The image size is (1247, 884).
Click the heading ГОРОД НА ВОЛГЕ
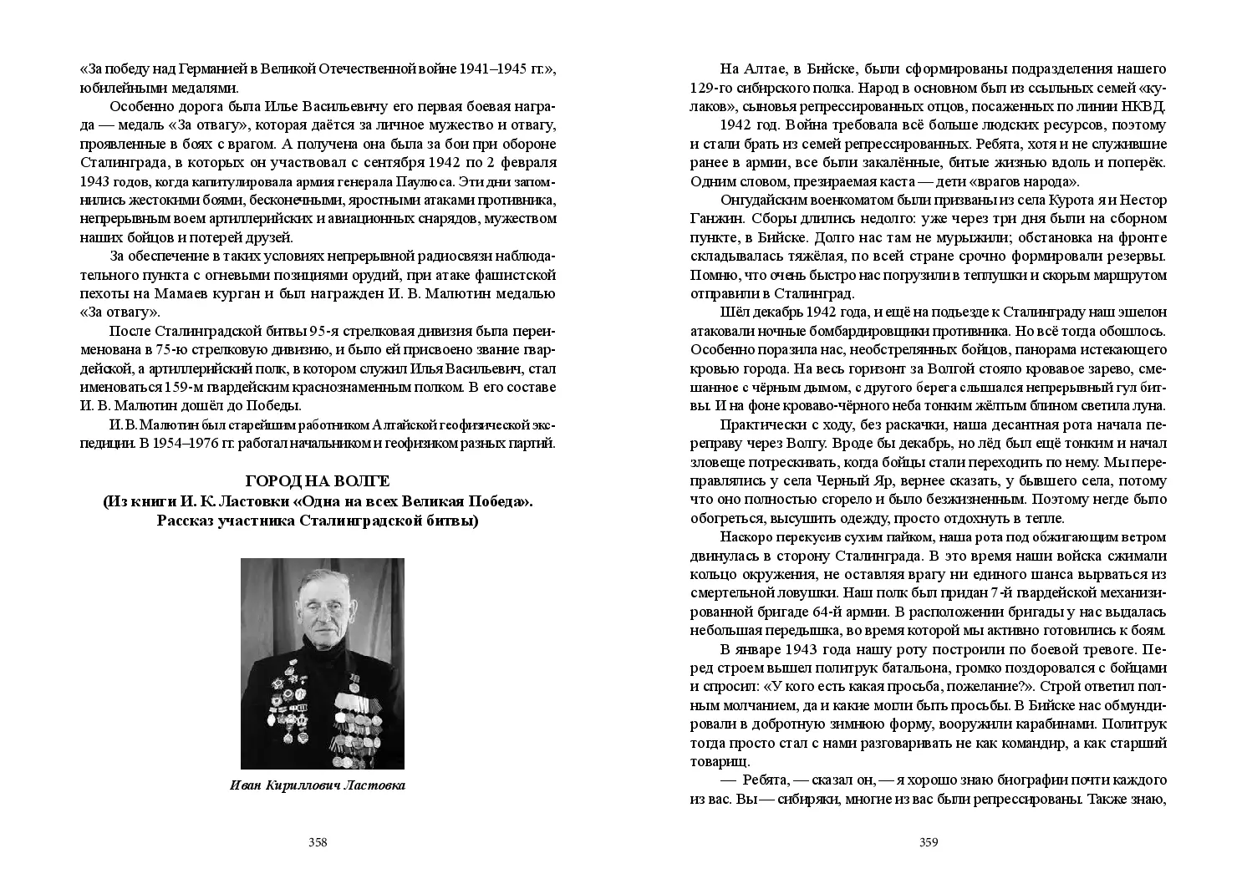tap(318, 482)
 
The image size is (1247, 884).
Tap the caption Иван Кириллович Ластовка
tap(318, 786)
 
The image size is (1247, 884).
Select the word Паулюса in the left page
tap(424, 180)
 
